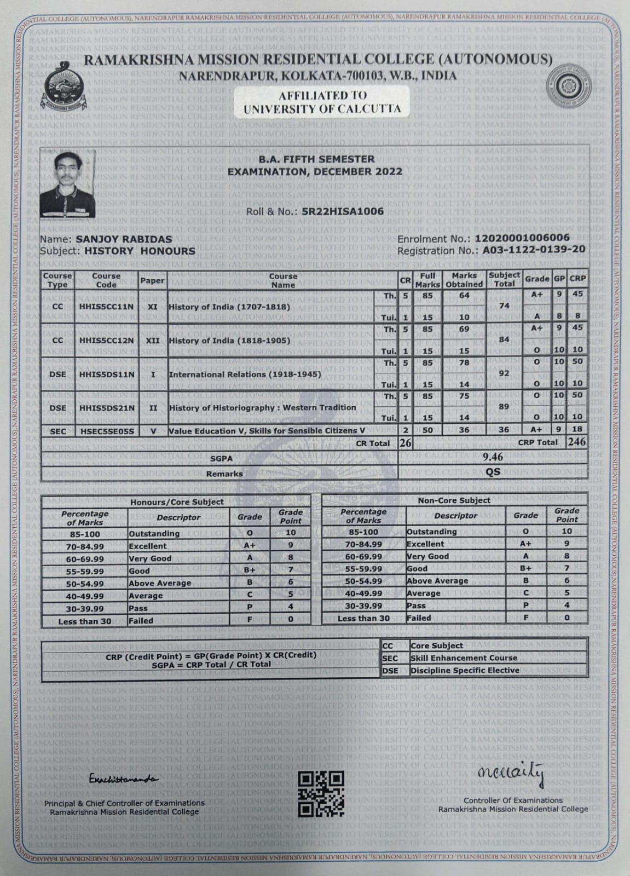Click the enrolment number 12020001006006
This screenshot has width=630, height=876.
point(522,238)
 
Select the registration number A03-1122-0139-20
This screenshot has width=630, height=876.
point(534,250)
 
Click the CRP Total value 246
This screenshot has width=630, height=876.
point(576,442)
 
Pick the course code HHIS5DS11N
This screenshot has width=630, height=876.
point(106,374)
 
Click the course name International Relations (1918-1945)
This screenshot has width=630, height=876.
point(245,374)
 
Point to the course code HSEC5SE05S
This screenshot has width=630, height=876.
point(106,431)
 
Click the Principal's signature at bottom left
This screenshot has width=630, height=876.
point(123,779)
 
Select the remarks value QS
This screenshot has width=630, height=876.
point(493,472)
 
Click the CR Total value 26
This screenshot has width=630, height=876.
point(405,443)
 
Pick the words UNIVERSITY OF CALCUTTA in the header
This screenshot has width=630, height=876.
point(322,108)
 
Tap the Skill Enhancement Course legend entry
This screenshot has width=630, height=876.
point(464,658)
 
